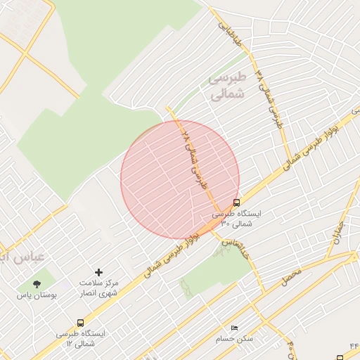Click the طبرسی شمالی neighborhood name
(x=227, y=84)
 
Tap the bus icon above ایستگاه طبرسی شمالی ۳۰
(x=236, y=202)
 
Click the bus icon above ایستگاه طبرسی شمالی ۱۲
(x=79, y=323)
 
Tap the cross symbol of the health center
(x=98, y=272)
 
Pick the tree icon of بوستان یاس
(x=37, y=284)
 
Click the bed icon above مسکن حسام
(x=235, y=328)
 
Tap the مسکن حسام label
(x=236, y=339)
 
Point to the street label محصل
(x=290, y=275)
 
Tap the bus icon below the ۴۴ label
(x=340, y=358)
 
